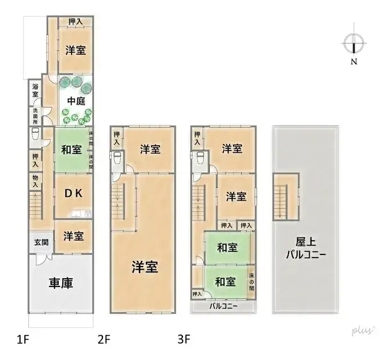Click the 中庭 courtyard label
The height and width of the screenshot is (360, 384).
tap(76, 100)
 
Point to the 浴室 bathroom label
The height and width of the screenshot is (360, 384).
tap(35, 91)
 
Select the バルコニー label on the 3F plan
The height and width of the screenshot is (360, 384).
tap(224, 306)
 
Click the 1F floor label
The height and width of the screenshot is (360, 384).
tap(24, 337)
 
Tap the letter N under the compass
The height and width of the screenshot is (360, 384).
tap(353, 62)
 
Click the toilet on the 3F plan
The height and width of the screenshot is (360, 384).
tap(200, 159)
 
